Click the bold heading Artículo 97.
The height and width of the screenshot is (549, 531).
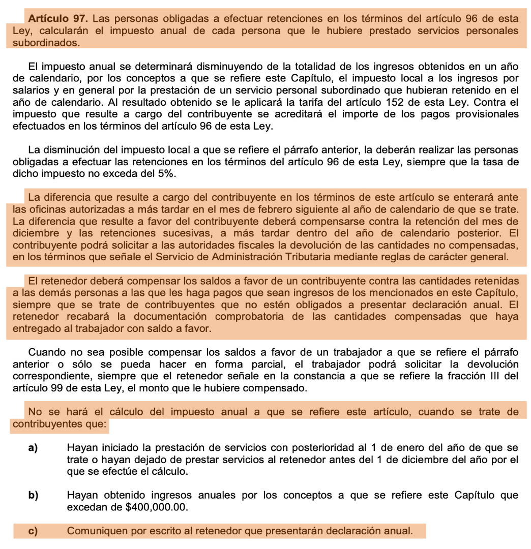pos(57,19)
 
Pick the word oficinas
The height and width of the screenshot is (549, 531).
pos(45,209)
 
